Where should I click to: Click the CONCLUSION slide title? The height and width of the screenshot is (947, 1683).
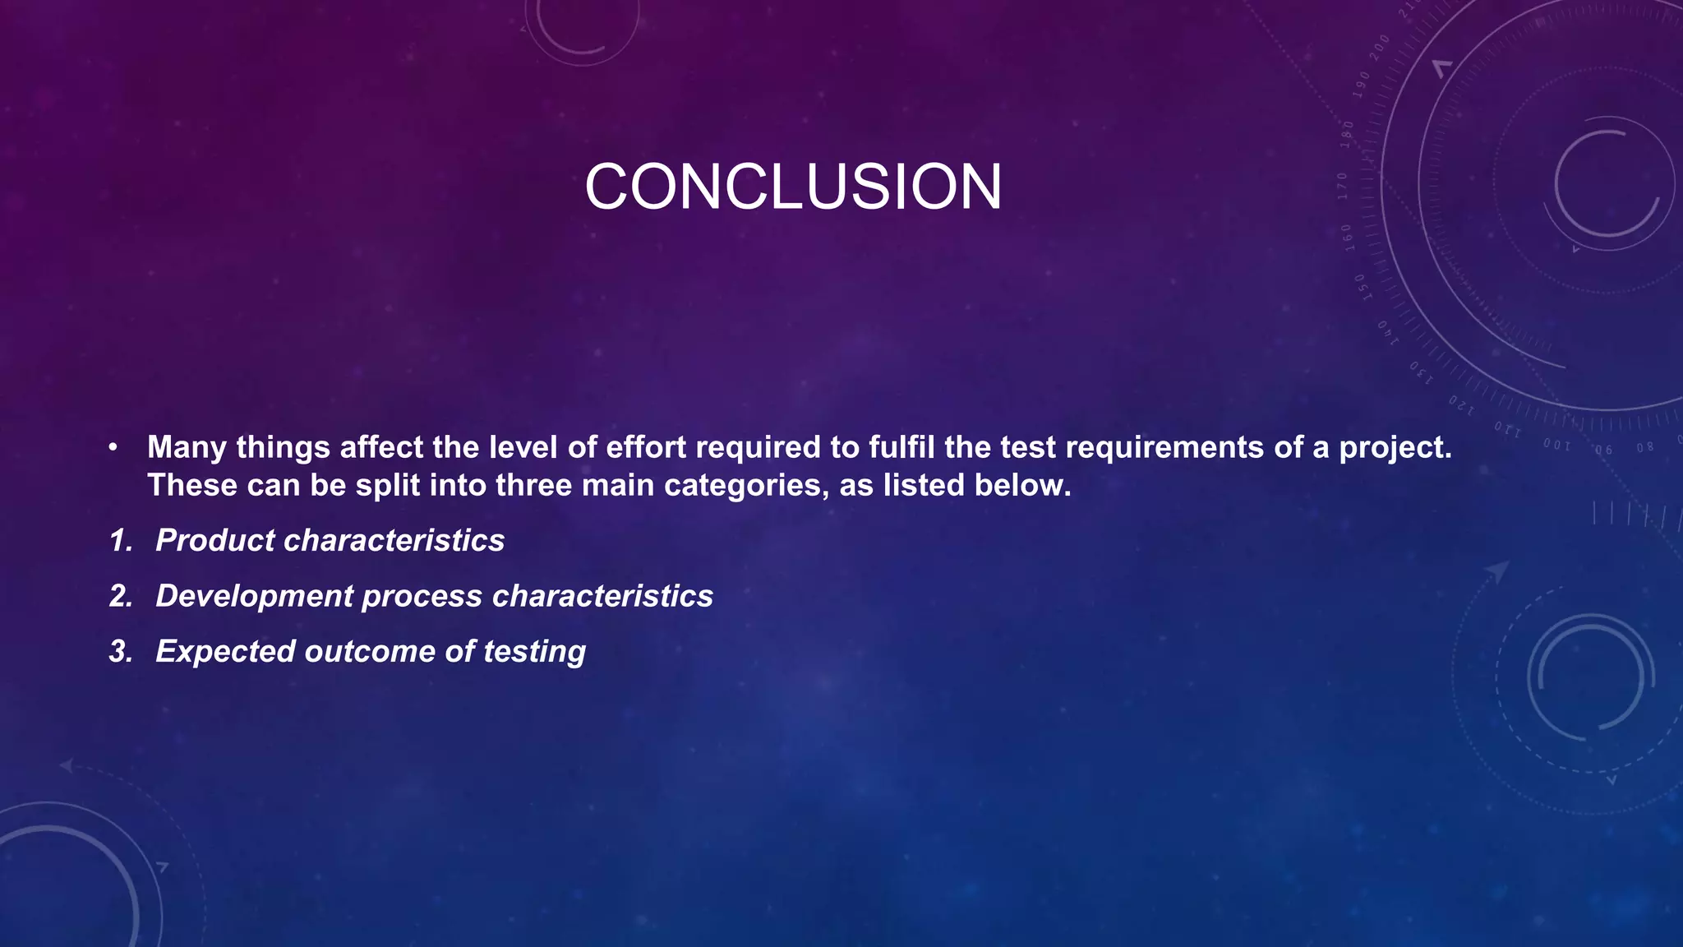pos(793,187)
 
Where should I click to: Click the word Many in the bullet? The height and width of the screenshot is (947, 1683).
pos(187,448)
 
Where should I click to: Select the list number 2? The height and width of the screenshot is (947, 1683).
pos(121,597)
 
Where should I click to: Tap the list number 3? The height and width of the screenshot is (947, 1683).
pos(121,652)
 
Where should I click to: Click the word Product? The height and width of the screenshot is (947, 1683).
pos(214,541)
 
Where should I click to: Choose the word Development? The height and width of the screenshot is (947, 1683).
pos(254,597)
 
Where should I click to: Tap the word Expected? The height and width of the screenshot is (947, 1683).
pos(225,652)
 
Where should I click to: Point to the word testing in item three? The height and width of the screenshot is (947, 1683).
pos(534,652)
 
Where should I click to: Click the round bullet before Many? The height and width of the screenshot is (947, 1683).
pos(113,449)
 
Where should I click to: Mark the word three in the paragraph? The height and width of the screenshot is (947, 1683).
pos(533,486)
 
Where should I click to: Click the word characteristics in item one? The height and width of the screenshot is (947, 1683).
pos(394,541)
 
